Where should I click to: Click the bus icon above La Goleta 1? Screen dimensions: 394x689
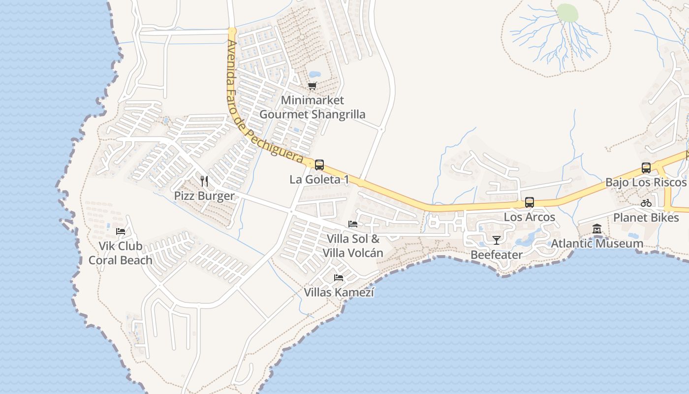[319, 165]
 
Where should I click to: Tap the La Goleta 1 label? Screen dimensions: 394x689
[319, 180]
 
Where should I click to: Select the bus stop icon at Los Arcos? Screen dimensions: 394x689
[529, 202]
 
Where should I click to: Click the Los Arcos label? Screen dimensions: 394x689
[529, 217]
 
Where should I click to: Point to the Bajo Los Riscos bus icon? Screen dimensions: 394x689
[646, 168]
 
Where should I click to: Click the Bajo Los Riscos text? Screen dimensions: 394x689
[645, 183]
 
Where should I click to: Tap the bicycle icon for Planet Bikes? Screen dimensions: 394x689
[646, 203]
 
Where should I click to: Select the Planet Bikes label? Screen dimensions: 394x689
[646, 217]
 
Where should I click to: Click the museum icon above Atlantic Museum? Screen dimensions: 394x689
[597, 229]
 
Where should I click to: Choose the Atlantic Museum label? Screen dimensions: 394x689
[596, 243]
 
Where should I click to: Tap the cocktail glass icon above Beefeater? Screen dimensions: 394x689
[496, 240]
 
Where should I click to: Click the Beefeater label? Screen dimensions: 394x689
[496, 255]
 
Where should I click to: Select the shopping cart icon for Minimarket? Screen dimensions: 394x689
[312, 86]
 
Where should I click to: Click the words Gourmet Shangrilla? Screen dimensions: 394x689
[312, 115]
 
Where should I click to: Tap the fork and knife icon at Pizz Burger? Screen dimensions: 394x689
[204, 181]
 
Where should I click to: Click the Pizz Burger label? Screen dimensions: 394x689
[204, 196]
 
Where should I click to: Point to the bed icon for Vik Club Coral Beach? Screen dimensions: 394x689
[120, 231]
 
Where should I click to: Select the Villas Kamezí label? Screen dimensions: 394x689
[339, 293]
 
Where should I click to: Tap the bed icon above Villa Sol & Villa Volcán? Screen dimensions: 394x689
[352, 224]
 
